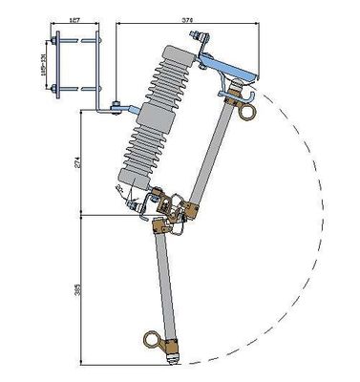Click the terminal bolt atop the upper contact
coord(201,40)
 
